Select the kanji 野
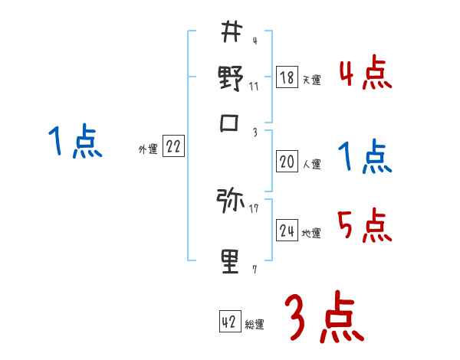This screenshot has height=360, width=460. pos(231,78)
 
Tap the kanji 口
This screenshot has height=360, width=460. pos(231,123)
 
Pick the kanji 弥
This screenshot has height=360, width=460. pos(231,202)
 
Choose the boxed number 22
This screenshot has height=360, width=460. pos(173,148)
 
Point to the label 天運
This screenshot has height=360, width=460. pos(311,80)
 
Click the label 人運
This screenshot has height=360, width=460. pos(311,164)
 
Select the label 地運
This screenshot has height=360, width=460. pos(311,233)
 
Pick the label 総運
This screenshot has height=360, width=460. pos(254,325)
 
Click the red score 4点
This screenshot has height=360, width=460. pos(365,74)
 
